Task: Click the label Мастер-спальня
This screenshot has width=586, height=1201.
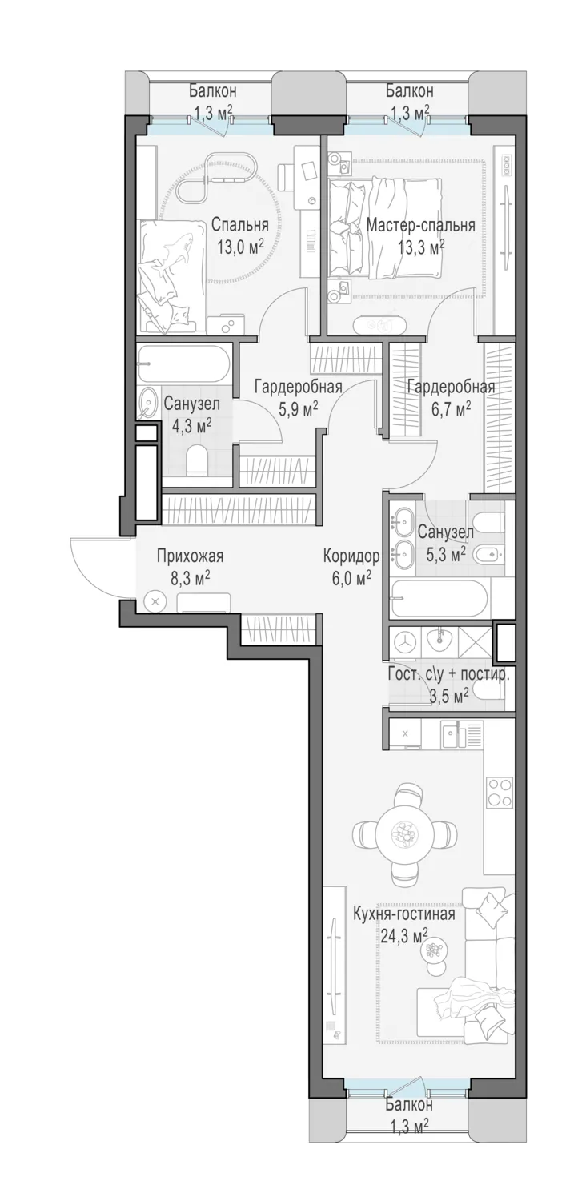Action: [x=420, y=225]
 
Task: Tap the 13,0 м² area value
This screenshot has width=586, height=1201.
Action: [x=240, y=247]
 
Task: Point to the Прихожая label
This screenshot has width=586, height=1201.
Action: [x=190, y=556]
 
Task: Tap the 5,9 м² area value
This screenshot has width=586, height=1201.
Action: [x=298, y=410]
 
